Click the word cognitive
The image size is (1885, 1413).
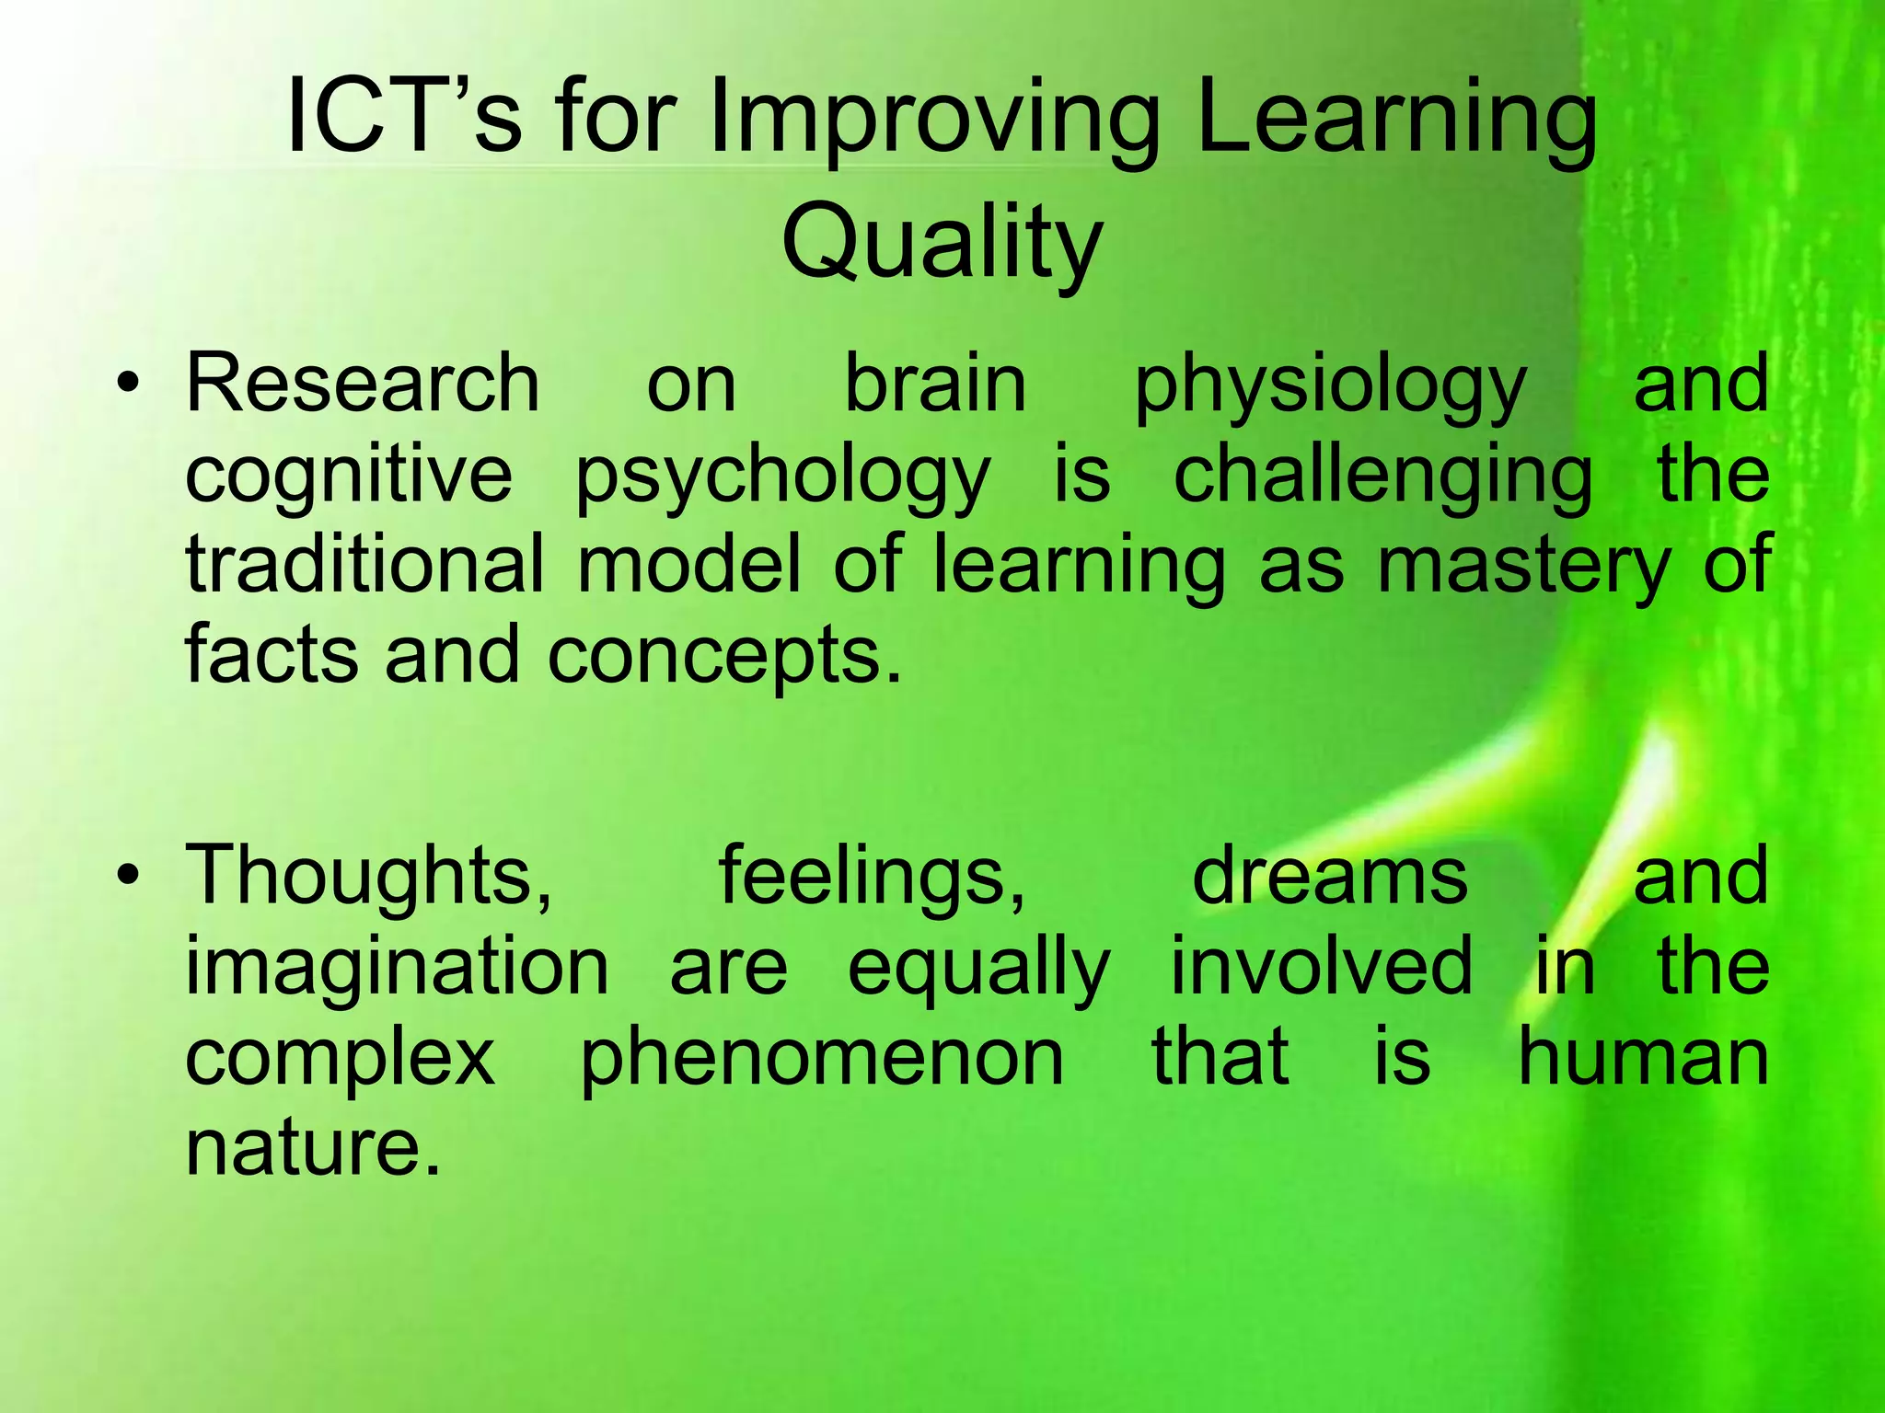click(349, 477)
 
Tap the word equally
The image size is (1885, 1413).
click(978, 970)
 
